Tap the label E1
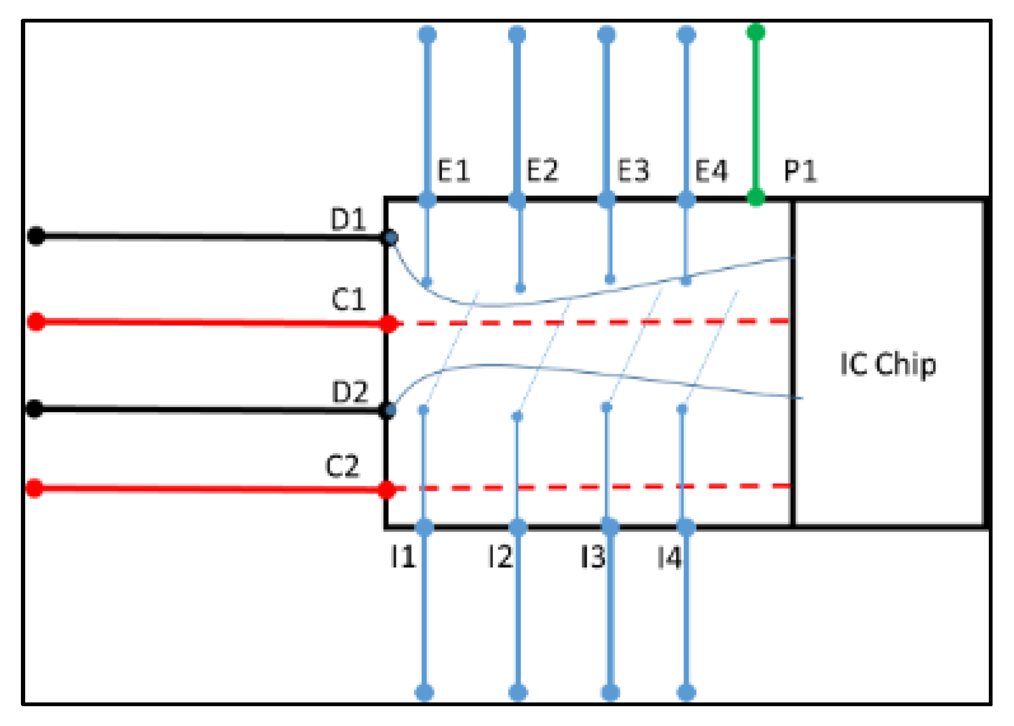pos(454,171)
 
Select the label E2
pos(542,171)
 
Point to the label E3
pos(633,171)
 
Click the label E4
pos(711,171)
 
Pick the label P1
pos(800,171)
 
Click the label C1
pos(348,300)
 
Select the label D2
pos(350,392)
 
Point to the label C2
pos(342,466)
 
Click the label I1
pos(403,557)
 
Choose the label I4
pos(669,558)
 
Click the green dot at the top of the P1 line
pos(756,32)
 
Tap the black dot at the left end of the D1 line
pos(36,236)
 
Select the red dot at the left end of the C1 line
pos(36,322)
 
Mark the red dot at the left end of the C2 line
pos(35,489)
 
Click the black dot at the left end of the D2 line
pos(35,409)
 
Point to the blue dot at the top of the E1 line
pos(427,35)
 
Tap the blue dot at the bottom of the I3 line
pos(610,692)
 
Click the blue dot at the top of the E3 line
pos(606,35)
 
